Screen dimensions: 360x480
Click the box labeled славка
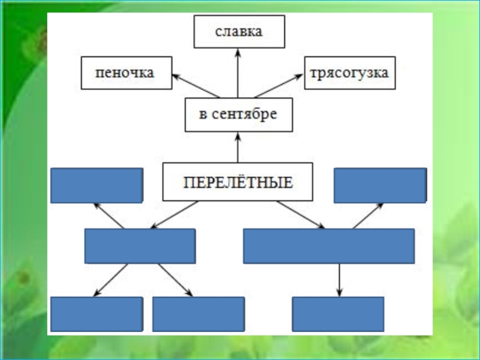(239, 32)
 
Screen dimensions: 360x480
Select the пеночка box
(127, 73)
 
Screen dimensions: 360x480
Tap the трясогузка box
(350, 73)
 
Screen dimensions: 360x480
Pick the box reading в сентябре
(238, 115)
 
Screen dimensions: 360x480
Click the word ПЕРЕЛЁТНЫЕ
(238, 181)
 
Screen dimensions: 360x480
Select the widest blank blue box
(329, 246)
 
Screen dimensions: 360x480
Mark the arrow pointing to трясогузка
(279, 86)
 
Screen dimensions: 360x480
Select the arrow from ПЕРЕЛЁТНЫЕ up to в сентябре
(238, 147)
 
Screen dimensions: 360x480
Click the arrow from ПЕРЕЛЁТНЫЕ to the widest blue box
(300, 214)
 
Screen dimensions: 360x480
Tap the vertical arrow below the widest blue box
(340, 280)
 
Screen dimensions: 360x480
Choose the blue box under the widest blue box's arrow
(338, 314)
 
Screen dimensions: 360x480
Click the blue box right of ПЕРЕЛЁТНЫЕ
(380, 185)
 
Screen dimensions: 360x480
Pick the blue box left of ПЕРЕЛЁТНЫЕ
(97, 185)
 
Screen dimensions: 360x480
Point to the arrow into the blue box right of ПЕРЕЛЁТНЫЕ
(368, 215)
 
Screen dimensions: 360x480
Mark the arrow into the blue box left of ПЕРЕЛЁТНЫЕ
(109, 215)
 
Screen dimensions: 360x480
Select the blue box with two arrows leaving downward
(140, 246)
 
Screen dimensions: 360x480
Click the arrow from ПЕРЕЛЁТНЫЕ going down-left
(174, 214)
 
